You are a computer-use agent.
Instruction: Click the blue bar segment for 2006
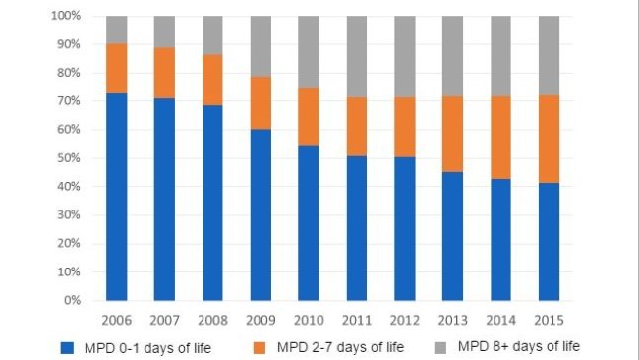point(117,197)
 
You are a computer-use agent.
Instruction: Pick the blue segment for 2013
point(453,236)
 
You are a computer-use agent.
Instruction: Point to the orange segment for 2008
point(212,80)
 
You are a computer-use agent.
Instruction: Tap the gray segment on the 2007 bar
point(165,31)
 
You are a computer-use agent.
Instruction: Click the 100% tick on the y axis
point(65,17)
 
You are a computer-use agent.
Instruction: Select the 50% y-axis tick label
point(68,158)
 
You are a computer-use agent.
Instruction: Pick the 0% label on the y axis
point(71,300)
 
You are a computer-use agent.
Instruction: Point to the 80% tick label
point(68,73)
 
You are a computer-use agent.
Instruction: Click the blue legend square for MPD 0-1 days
point(67,346)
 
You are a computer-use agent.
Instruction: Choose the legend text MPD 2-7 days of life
point(340,346)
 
